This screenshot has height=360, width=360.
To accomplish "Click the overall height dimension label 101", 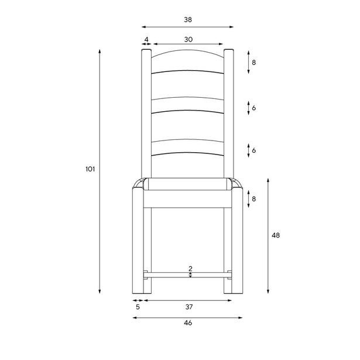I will pos(90,169).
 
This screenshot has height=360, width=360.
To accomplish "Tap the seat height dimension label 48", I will pos(275,235).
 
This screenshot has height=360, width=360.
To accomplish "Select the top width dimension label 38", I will pos(187,19).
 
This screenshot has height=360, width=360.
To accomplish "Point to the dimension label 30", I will pos(187,40).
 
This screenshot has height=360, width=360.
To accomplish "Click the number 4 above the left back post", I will pos(146,40).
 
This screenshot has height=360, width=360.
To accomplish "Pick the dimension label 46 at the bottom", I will pos(187,323).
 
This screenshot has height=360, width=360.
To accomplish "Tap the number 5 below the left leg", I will pos(138,306).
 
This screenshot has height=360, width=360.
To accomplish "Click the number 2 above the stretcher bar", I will pos(190,268).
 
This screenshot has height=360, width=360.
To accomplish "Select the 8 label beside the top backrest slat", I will pos(254,62).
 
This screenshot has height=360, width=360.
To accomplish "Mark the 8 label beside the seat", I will pos(254,199).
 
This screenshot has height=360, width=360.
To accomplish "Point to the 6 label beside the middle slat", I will pos(254,108).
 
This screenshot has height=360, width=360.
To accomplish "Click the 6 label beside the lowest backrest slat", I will pos(254,150).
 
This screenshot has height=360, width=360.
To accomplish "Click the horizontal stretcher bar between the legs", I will pos(187,273).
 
